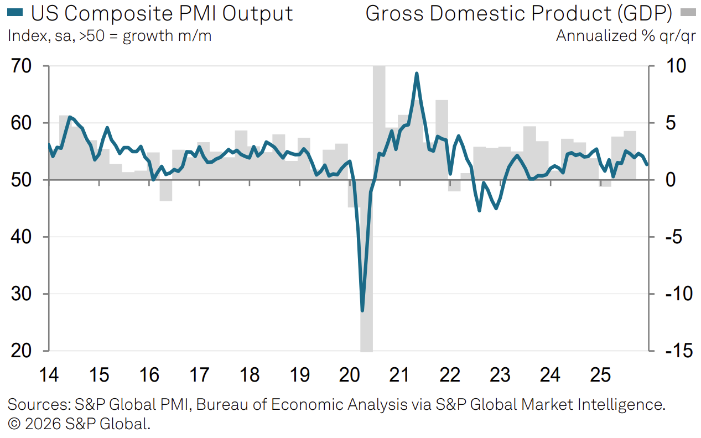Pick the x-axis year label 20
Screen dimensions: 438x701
(350, 376)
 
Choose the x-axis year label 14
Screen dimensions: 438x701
(49, 376)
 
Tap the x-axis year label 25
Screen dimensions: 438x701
(600, 376)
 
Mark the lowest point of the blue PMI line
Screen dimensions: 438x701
(362, 310)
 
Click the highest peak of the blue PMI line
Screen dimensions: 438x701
(417, 74)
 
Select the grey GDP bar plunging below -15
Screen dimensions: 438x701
(366, 332)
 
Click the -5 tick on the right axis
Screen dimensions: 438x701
(666, 237)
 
